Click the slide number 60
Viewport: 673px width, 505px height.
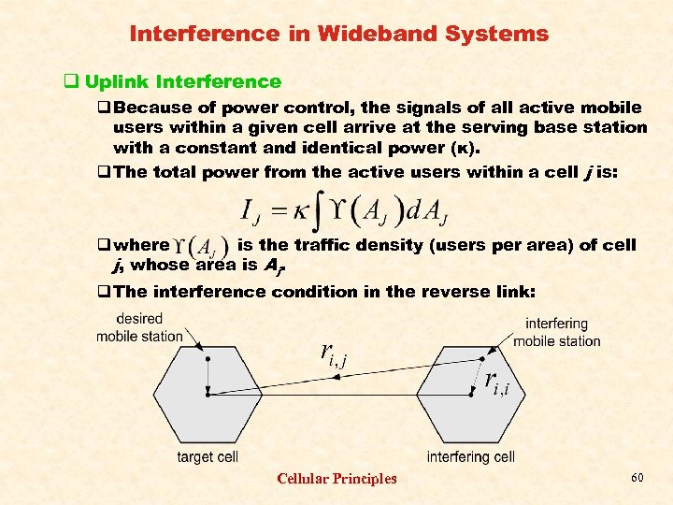[637, 478]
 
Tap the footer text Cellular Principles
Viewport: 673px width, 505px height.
[336, 479]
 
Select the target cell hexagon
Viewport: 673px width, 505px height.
[208, 394]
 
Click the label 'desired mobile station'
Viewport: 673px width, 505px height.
[139, 327]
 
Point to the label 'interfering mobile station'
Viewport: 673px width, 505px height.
[557, 333]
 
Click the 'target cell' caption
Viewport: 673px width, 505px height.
[208, 457]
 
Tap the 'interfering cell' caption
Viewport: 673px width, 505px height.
[471, 457]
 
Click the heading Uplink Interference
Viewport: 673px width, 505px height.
[182, 81]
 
